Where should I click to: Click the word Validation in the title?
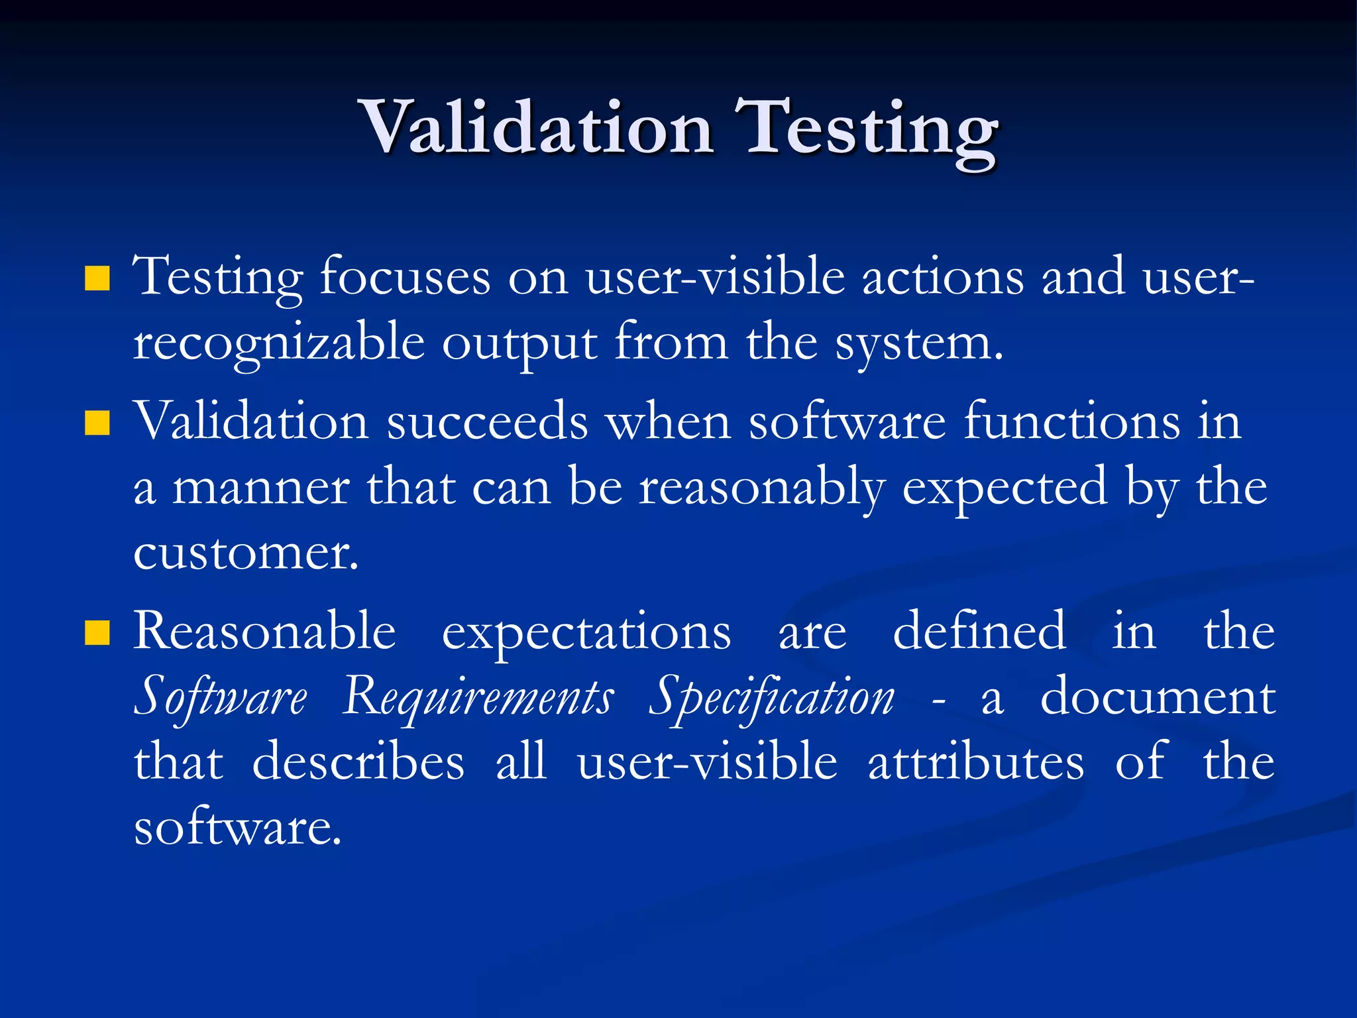535,127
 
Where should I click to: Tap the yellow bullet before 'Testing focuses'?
97,279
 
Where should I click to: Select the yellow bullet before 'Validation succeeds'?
97,423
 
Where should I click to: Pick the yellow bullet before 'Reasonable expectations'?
97,633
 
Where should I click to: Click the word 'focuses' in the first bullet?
405,277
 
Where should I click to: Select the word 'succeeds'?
487,422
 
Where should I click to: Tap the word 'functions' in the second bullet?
1071,422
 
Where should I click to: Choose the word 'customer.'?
246,553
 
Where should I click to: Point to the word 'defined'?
979,631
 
